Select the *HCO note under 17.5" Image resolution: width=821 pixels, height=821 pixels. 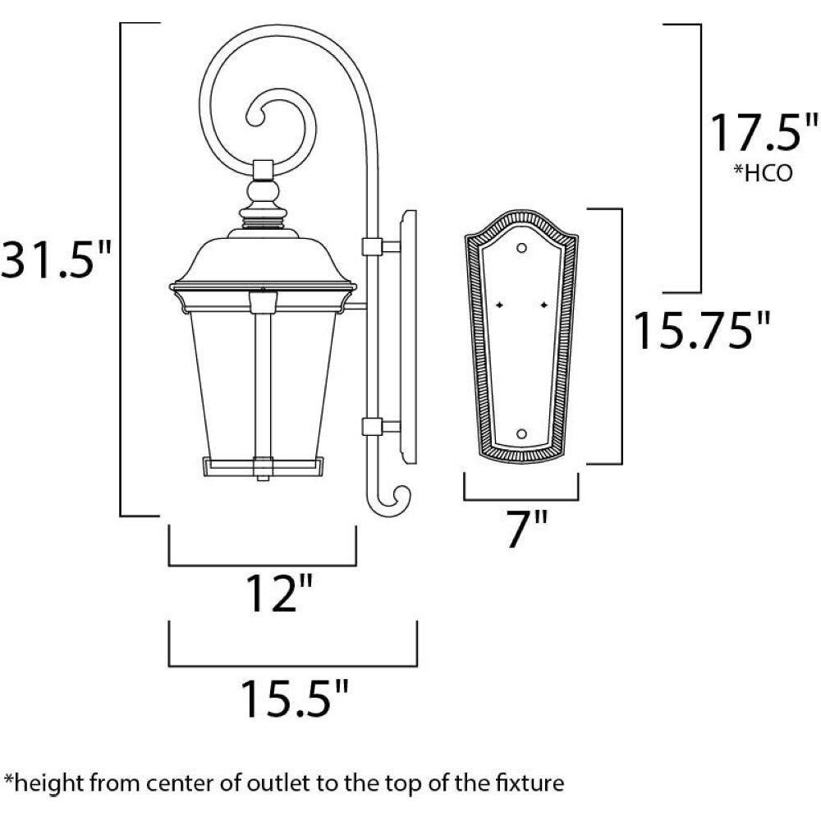[x=763, y=172]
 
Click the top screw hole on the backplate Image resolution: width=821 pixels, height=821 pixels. [x=521, y=248]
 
